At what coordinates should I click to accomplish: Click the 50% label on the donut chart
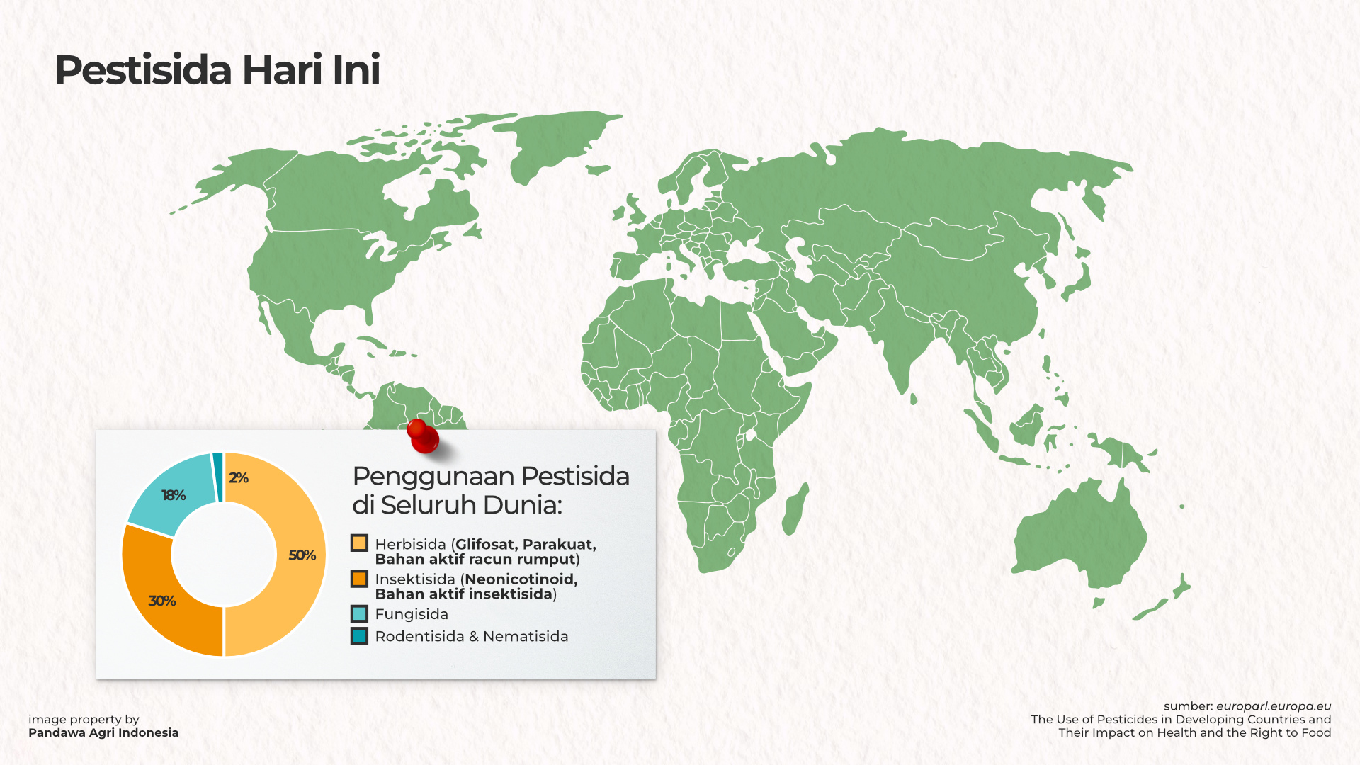(302, 555)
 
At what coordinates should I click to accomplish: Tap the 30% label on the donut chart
(162, 601)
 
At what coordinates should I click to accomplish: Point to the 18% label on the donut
(174, 495)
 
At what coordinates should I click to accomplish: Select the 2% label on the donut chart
(239, 478)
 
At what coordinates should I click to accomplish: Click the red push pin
(423, 436)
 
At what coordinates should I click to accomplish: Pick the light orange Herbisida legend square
(359, 543)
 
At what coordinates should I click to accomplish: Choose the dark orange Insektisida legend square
(359, 579)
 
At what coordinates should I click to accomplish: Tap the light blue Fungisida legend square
(359, 613)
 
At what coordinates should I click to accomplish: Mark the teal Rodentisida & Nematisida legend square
(359, 636)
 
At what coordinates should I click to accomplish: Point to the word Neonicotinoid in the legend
(521, 579)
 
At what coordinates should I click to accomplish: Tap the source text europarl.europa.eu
(1274, 706)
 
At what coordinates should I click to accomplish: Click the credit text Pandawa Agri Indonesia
(103, 732)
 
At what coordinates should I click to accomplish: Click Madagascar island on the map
(795, 509)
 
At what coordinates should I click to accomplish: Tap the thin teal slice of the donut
(218, 477)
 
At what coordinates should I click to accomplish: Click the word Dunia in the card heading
(523, 505)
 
